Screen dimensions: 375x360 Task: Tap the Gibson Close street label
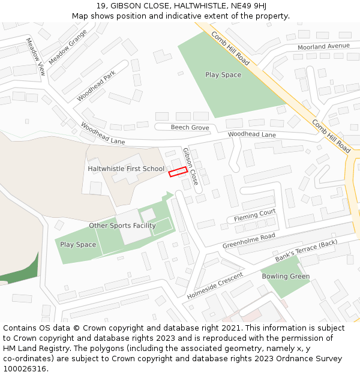pos(190,166)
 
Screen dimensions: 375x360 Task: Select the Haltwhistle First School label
pos(126,169)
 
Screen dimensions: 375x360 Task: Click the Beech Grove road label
pos(190,127)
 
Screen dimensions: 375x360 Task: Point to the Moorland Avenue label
pos(323,46)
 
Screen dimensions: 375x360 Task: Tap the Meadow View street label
pos(35,56)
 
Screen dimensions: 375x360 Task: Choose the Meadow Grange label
pos(68,47)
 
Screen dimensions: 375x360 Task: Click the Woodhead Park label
pos(96,86)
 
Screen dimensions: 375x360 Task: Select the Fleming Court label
pos(254,214)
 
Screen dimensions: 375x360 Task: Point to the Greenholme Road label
pos(248,241)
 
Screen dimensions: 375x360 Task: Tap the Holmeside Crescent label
pos(215,286)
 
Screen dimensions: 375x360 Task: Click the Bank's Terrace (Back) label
pos(307,251)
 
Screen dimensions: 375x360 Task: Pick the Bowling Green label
pos(286,277)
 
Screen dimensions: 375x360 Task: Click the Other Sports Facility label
pos(122,226)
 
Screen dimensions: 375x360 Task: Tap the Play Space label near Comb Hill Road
pos(223,75)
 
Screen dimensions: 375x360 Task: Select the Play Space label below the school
pos(78,244)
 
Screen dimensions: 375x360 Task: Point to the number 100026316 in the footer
pos(23,368)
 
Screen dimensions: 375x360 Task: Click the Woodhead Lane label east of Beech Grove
pos(252,134)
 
